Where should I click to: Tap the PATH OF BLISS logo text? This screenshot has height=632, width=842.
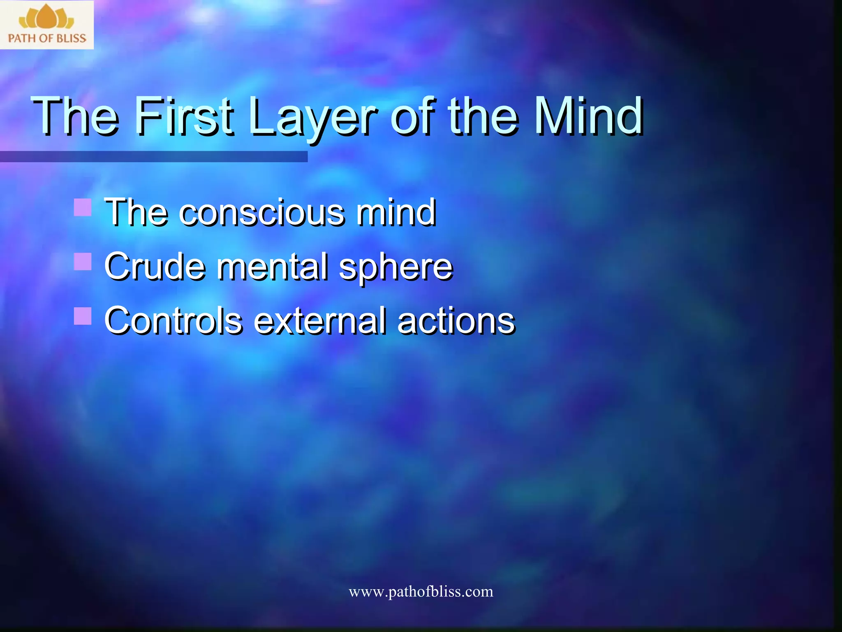(x=47, y=38)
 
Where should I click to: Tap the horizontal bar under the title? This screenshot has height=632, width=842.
(x=153, y=157)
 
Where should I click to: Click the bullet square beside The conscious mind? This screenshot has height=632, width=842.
(x=83, y=207)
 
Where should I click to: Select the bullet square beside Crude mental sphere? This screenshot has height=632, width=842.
(x=83, y=262)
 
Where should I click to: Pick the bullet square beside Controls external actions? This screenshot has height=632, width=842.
(x=83, y=316)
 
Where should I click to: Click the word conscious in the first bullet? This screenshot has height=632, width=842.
(x=261, y=212)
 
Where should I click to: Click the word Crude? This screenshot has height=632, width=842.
(x=155, y=267)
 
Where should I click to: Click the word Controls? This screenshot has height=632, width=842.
(x=173, y=321)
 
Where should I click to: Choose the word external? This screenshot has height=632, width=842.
(x=319, y=321)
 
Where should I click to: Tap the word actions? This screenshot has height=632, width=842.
(x=456, y=321)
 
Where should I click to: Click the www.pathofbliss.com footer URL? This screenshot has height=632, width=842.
(x=421, y=592)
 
